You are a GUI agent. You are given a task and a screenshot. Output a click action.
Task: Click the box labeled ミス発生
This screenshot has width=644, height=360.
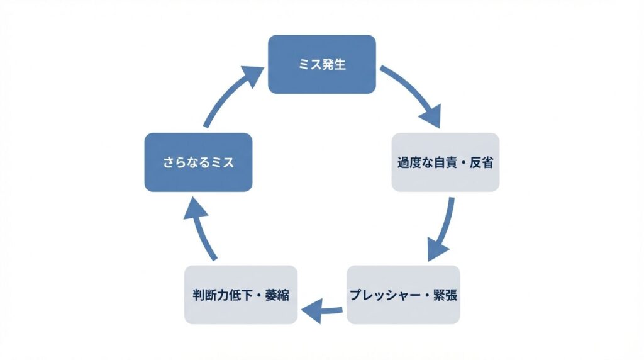(322, 64)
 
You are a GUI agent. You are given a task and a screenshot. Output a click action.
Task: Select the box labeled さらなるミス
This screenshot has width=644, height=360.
(198, 162)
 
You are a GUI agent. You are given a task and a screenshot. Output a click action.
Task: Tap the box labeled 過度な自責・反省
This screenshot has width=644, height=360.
(445, 162)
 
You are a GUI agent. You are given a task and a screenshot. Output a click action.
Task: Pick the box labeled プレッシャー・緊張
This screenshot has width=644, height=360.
(403, 295)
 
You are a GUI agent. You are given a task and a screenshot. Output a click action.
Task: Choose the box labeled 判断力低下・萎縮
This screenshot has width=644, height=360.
(240, 295)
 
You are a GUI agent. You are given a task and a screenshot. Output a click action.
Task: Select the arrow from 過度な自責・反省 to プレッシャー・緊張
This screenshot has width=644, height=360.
(443, 230)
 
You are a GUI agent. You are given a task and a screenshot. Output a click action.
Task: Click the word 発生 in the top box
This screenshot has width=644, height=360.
(333, 64)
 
